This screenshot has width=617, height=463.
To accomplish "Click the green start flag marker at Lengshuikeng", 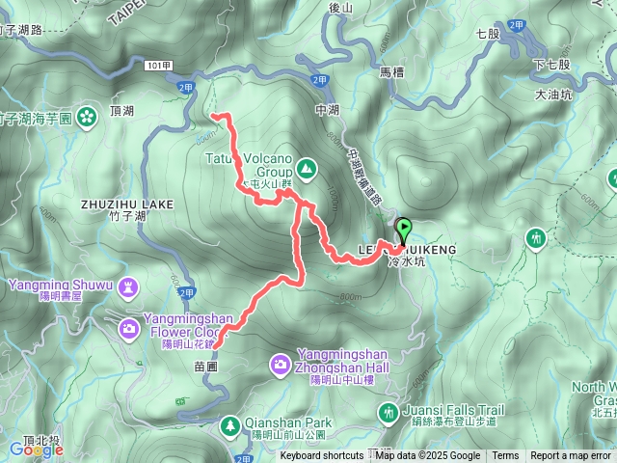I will tap(403, 230).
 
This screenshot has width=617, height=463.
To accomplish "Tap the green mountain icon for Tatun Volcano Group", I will tap(307, 170).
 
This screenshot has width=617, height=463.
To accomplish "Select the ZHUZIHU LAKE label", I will tap(127, 204).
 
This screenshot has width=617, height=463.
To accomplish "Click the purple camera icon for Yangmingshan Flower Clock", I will tap(129, 331).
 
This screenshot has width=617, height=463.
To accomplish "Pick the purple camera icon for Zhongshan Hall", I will tap(280, 364).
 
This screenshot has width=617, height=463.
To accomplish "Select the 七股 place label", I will tap(488, 34).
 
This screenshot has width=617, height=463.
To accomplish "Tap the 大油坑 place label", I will tap(552, 95).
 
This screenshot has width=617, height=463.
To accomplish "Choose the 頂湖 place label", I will tap(122, 112).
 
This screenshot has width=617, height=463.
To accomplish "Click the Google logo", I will tap(36, 449).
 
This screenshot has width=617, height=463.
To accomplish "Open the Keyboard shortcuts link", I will tap(322, 456).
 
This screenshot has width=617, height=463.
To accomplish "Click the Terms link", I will tap(505, 456).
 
